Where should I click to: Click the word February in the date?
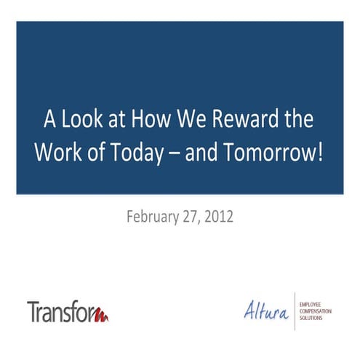pyautogui.click(x=152, y=217)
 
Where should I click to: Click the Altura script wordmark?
pyautogui.click(x=266, y=310)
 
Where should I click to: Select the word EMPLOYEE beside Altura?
pyautogui.click(x=313, y=300)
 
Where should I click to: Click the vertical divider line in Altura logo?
pyautogui.click(x=295, y=310)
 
